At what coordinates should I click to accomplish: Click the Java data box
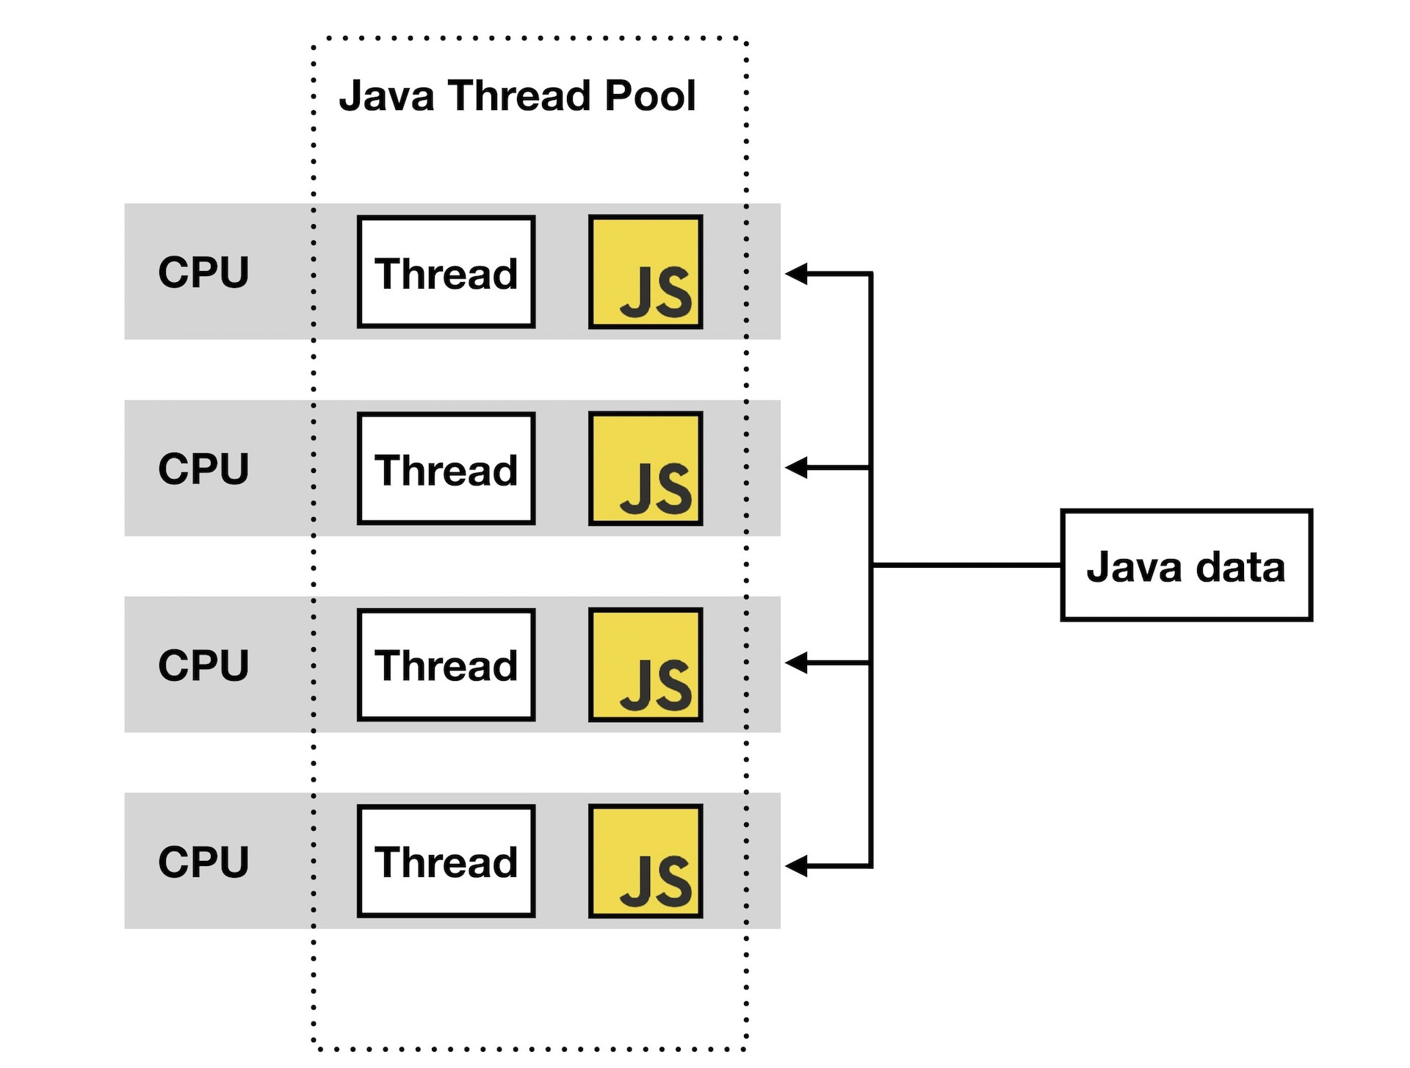tap(1185, 565)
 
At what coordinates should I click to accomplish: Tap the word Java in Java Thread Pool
tap(386, 95)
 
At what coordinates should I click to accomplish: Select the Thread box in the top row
tap(446, 272)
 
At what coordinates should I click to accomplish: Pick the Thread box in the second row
tap(446, 469)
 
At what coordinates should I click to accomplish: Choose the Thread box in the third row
tap(446, 665)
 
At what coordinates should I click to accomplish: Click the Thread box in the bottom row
tap(446, 861)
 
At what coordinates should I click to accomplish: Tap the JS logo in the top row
tap(646, 272)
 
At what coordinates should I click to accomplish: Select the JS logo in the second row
tap(646, 469)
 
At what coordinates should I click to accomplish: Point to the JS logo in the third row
tap(646, 665)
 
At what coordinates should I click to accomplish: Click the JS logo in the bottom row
tap(646, 861)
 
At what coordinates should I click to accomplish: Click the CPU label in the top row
tap(203, 272)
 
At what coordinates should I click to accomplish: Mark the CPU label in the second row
tap(203, 469)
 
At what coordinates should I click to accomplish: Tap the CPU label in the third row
tap(203, 665)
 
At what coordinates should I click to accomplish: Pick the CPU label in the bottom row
tap(203, 861)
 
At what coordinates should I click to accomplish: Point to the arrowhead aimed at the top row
tap(796, 274)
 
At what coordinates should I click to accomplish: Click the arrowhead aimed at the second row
tap(796, 467)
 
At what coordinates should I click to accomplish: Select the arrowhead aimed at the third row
tap(796, 663)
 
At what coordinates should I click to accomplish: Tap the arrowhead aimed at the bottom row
tap(796, 866)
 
